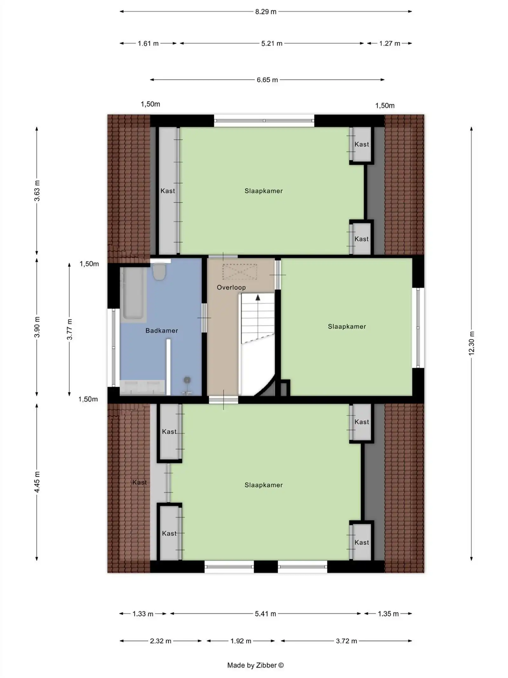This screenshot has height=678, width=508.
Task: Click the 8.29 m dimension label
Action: point(265,12)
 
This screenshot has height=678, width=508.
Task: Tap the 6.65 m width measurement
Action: point(267,80)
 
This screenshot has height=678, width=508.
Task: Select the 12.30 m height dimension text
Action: point(471,343)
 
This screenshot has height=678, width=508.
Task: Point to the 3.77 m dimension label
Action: point(70,329)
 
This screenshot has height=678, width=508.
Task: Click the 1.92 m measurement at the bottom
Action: point(241,641)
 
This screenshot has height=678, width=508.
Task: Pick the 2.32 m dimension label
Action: point(160,641)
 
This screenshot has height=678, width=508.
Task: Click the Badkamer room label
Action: point(162,331)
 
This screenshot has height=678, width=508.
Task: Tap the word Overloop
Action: point(231,287)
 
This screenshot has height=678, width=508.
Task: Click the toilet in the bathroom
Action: point(159,272)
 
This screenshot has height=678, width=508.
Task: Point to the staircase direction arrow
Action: point(258,298)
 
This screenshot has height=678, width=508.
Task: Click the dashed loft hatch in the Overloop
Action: point(239,272)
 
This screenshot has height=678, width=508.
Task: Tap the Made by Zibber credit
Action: point(255,665)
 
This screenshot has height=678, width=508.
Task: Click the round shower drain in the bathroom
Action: point(187,380)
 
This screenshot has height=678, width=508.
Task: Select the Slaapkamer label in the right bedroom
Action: point(347,326)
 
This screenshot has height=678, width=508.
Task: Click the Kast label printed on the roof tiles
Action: point(139,482)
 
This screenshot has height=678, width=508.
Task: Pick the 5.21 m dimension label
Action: point(271,44)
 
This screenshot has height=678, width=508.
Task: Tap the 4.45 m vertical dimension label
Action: point(37,482)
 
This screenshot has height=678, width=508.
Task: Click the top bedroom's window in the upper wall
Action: point(264,121)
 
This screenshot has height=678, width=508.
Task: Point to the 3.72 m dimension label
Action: point(346,641)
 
